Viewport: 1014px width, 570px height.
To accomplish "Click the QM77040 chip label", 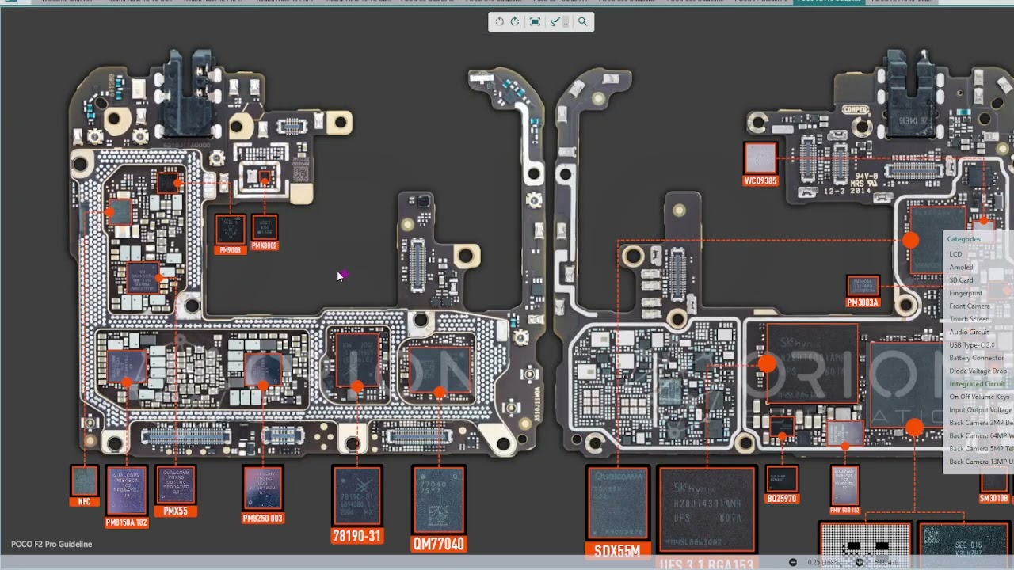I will click(439, 544).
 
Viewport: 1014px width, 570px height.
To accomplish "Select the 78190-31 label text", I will click(356, 536).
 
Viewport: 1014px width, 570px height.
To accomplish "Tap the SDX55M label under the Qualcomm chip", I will click(617, 550).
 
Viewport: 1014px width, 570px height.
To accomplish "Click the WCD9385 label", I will click(760, 181).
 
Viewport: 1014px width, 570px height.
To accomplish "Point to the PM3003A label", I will click(863, 302).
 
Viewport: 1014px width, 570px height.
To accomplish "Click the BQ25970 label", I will click(782, 499).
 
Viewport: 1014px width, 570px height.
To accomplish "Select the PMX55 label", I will click(175, 511).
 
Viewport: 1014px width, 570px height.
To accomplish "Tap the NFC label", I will click(84, 502).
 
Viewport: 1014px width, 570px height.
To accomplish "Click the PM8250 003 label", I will click(263, 519).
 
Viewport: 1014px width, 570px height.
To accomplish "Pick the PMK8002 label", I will click(265, 246).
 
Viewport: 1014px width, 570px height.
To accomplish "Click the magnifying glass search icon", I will click(582, 22).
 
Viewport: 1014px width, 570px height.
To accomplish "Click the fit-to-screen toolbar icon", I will click(535, 22).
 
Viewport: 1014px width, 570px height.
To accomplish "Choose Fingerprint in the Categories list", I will click(966, 293).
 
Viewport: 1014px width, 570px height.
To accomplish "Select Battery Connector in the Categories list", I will click(976, 358).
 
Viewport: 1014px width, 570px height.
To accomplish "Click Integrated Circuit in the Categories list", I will click(977, 384).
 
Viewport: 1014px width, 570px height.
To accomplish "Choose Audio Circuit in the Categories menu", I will click(969, 332).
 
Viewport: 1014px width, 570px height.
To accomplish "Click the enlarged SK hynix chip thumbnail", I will click(707, 510).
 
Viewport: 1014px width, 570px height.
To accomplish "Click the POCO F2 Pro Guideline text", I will click(51, 544).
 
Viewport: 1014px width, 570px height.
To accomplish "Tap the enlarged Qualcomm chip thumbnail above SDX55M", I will click(617, 503).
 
